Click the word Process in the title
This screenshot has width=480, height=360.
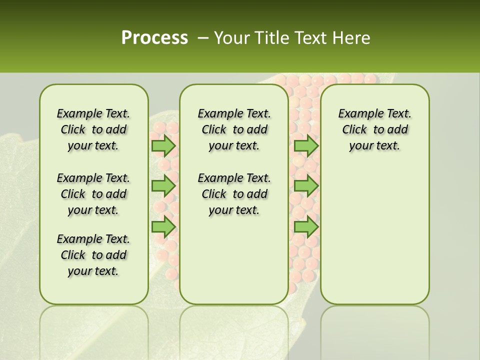coord(154,37)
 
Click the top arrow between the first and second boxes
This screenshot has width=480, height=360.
coord(163,145)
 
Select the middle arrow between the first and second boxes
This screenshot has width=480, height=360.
coord(163,186)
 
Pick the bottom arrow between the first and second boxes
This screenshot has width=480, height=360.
coord(163,226)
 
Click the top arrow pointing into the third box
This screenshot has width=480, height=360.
coord(306,145)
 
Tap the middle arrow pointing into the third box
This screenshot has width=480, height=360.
coord(306,186)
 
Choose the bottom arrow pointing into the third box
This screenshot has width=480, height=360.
coord(306,226)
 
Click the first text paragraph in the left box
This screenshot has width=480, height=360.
coord(93,129)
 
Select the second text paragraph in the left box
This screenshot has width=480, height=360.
coord(93,194)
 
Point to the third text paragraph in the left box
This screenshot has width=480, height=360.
coord(93,255)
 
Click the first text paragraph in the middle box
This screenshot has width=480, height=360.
coord(234,129)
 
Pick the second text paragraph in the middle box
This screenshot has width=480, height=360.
coord(234,194)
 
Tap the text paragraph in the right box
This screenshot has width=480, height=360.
coord(374,129)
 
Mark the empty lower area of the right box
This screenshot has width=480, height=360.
coord(374,235)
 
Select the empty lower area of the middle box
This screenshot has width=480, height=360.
coord(234,260)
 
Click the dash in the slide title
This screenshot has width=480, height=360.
coord(203,37)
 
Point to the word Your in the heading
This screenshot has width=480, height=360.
coord(230,38)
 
